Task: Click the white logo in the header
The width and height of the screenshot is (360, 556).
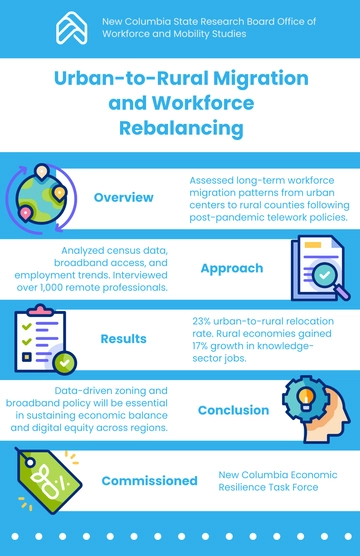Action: coord(71,27)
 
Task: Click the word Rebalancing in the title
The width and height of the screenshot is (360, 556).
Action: coord(180,128)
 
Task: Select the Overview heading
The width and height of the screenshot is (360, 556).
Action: coord(124,197)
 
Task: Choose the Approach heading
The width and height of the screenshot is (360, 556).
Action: coord(231,268)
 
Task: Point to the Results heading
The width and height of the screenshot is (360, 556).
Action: coord(124,339)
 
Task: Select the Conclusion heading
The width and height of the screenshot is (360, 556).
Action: coord(233,410)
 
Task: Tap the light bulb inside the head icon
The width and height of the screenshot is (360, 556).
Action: coord(305,398)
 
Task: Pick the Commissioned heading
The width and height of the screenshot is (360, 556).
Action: coord(135,480)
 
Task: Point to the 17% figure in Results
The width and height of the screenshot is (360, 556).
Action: coord(201,346)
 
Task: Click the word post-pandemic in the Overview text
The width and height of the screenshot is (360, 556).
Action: coord(224,216)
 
